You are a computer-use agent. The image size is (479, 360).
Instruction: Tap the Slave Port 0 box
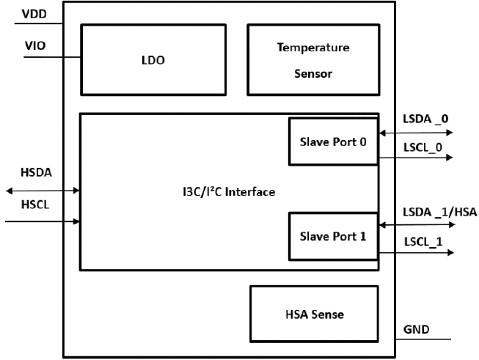334,141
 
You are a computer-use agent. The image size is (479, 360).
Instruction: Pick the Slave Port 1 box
334,236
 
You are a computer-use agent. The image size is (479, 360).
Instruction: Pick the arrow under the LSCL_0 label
416,157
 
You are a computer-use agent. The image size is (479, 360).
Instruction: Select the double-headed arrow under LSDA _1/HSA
416,224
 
